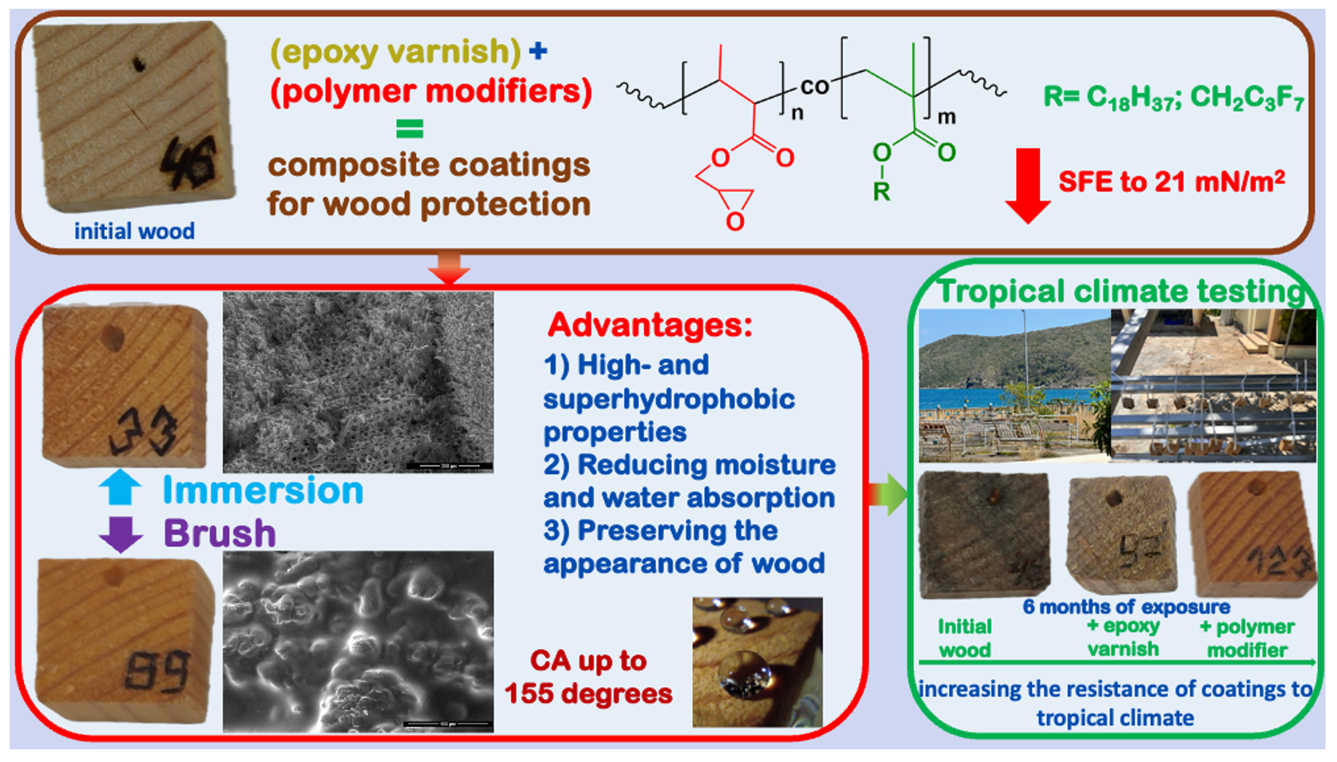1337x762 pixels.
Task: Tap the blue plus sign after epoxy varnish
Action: coord(538,51)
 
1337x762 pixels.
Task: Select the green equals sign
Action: coord(409,128)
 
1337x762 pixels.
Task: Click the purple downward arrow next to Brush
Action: coord(121,534)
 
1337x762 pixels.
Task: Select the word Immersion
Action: coord(263,490)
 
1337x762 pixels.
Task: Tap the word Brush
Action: coord(220,533)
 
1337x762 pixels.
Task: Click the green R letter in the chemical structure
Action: coord(882,192)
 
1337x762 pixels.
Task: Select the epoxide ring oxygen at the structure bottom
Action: coord(735,221)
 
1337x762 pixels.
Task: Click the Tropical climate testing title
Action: coord(1120,291)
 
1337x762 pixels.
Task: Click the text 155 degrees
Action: coord(588,693)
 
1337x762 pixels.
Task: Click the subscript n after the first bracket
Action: coord(797,113)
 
